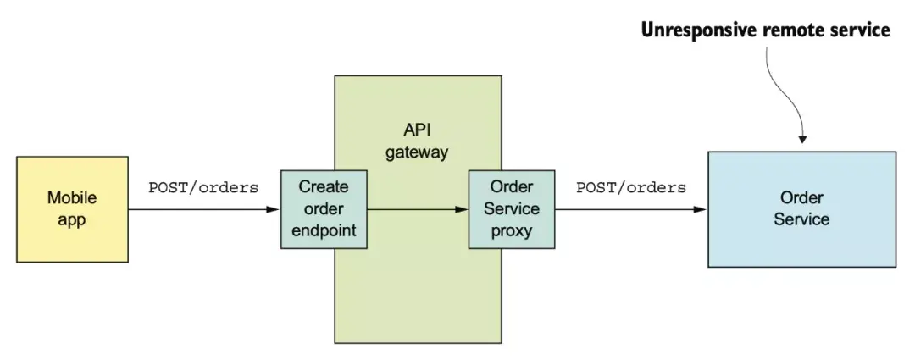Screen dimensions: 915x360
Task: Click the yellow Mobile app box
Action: tap(72, 209)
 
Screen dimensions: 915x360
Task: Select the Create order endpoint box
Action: tap(324, 209)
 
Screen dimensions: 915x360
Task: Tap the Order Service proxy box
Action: tap(512, 209)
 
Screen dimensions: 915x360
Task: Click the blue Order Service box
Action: tap(801, 209)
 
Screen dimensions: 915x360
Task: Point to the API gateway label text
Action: tap(417, 141)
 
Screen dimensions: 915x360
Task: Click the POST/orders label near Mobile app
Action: tap(203, 188)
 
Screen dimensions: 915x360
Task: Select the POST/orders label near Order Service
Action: tap(631, 188)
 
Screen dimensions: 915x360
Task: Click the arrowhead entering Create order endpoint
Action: tap(274, 209)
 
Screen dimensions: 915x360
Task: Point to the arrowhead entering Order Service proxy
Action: tap(462, 209)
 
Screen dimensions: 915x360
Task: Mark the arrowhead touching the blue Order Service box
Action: tap(701, 209)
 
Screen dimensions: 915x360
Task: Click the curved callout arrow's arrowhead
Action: tap(802, 139)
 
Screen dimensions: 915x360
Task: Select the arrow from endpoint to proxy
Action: tap(418, 209)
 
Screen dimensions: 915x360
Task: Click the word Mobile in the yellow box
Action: tap(72, 198)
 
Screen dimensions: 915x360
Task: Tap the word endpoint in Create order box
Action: tap(324, 230)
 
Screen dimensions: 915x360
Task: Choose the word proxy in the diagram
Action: tap(512, 231)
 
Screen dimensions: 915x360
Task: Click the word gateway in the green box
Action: tap(417, 152)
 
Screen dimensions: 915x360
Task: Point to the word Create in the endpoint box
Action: tap(324, 187)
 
